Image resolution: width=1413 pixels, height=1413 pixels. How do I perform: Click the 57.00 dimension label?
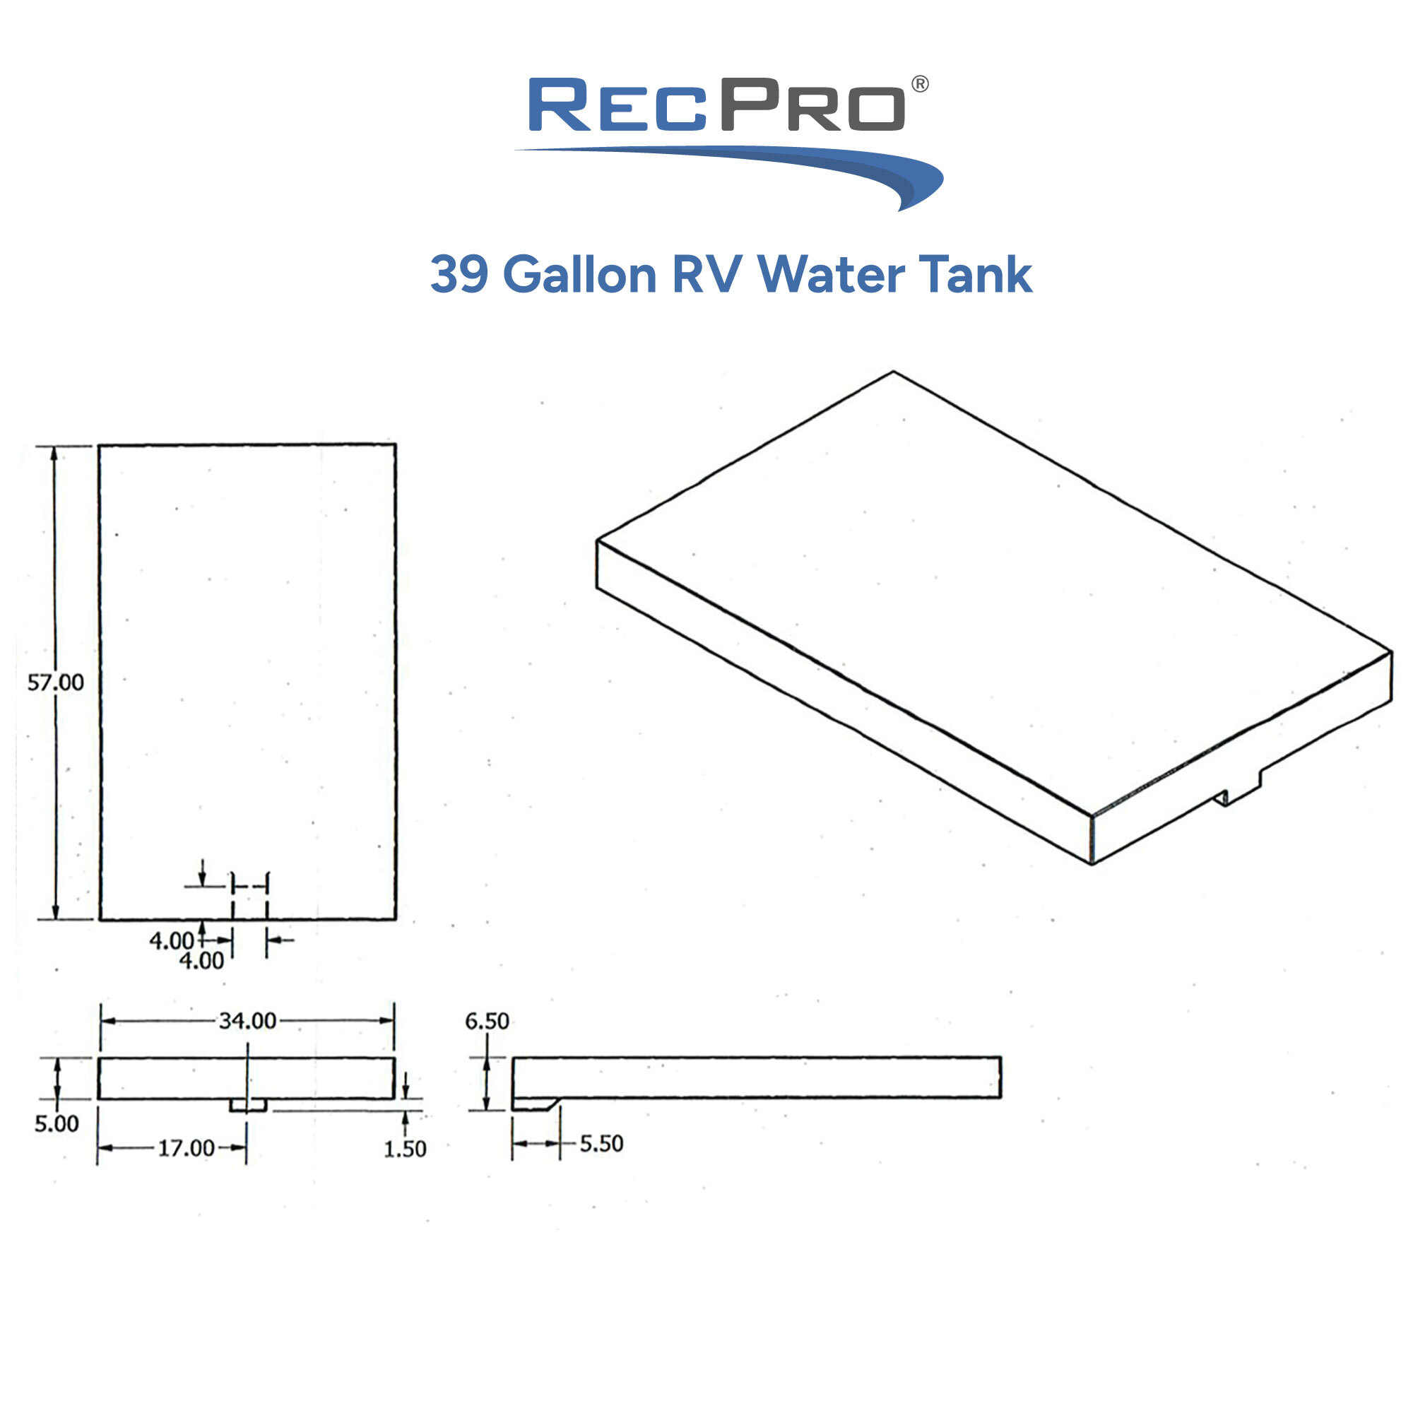56,682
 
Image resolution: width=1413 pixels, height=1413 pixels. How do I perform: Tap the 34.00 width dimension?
247,1020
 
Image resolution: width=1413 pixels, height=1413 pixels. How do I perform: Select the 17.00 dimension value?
187,1147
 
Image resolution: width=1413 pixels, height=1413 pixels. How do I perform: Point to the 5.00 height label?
57,1123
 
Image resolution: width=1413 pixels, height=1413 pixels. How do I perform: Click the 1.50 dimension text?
404,1149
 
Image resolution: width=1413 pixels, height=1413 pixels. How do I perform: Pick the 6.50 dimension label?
487,1021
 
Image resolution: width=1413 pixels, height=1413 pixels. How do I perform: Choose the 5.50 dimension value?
601,1144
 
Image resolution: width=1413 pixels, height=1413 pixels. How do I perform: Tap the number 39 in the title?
459,275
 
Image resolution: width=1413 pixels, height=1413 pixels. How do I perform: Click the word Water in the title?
831,275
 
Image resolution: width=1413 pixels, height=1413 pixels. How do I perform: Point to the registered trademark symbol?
920,84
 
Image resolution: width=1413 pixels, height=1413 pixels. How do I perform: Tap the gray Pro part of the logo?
812,106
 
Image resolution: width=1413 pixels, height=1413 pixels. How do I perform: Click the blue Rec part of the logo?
618,106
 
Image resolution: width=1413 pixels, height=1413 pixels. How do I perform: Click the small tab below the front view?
248,1105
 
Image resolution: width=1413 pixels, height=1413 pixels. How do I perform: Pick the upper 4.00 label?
172,940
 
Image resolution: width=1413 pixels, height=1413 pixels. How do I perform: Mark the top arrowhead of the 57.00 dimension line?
54,454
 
